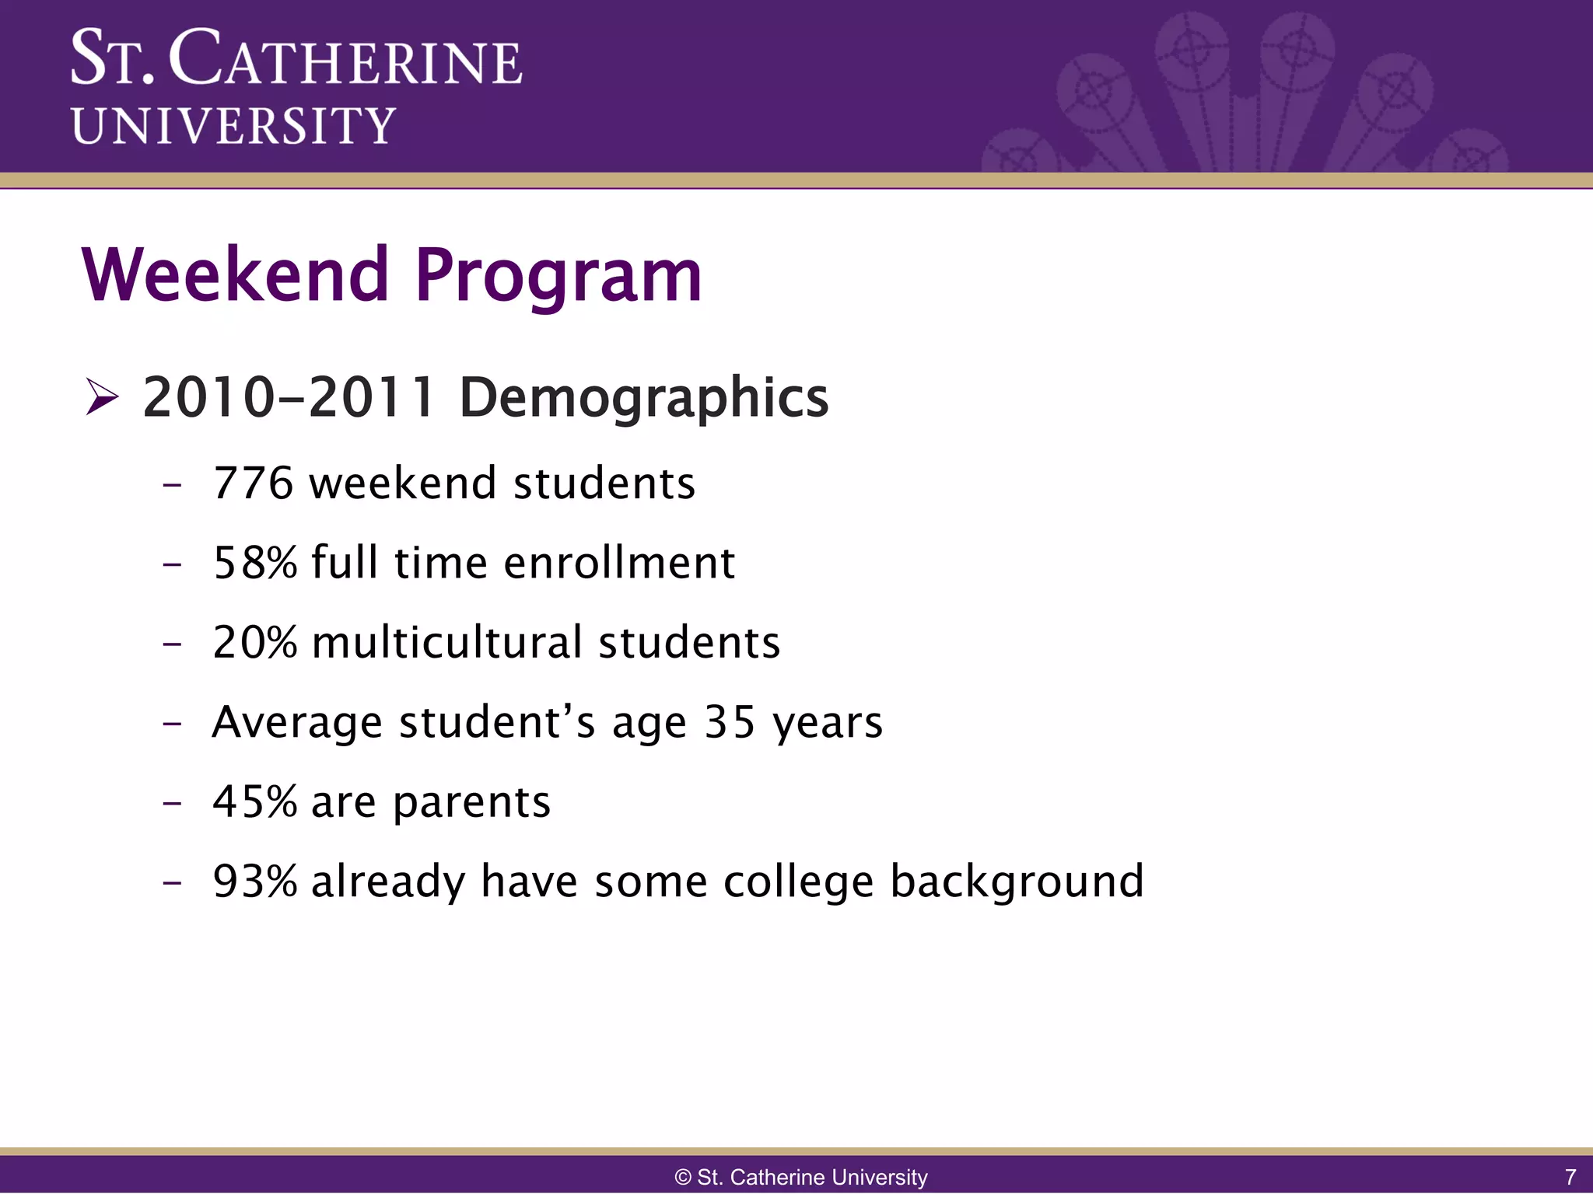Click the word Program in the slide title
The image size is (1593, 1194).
(x=558, y=277)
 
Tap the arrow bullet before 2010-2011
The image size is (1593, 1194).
(x=102, y=397)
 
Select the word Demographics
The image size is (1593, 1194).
(x=643, y=398)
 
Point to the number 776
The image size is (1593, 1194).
(x=253, y=484)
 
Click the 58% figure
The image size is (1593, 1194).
(x=254, y=563)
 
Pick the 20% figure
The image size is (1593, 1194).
(x=254, y=643)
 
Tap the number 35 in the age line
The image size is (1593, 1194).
(x=730, y=722)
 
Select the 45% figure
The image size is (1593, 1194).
(x=254, y=801)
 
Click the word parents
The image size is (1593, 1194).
(x=471, y=803)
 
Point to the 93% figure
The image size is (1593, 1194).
(x=254, y=882)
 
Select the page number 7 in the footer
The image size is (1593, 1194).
(x=1570, y=1177)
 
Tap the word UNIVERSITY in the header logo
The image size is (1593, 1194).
(x=233, y=126)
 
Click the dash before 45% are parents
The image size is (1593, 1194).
(x=172, y=801)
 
